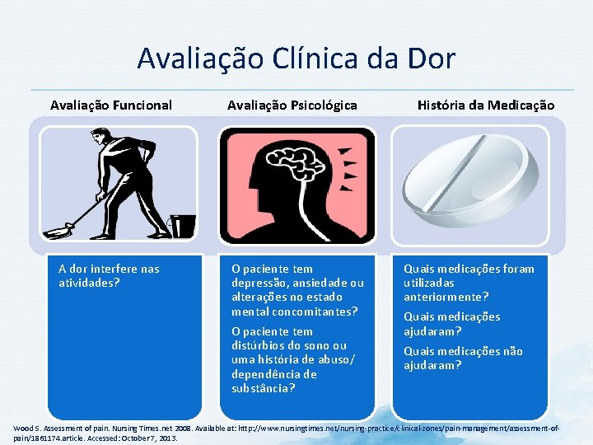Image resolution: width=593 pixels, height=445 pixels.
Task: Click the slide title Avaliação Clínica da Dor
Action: [296, 59]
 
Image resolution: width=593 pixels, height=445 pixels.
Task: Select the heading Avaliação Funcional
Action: [111, 105]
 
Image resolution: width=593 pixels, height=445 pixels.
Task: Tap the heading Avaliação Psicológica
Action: [292, 105]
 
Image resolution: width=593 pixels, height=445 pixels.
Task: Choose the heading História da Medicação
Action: [486, 105]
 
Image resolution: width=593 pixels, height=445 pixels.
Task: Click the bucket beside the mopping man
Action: [182, 224]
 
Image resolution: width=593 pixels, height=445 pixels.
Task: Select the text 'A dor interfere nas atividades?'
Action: [109, 275]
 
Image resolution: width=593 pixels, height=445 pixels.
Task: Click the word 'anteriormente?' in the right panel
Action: [446, 297]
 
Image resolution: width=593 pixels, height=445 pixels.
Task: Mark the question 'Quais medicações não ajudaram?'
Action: [463, 358]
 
